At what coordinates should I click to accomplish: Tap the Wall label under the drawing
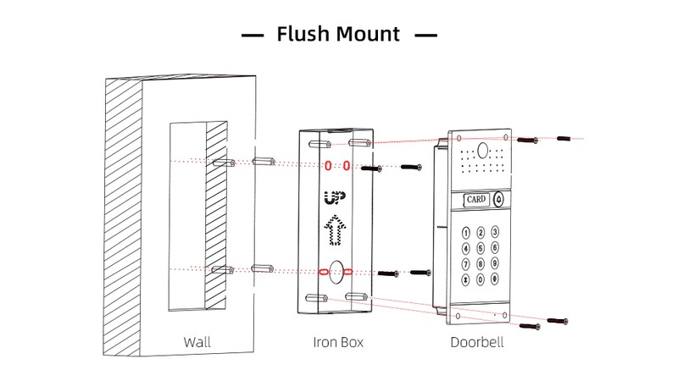197,343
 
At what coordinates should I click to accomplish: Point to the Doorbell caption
477,343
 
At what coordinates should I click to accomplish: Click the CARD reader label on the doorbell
476,200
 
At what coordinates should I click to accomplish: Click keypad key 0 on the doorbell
481,279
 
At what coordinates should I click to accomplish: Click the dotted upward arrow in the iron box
336,229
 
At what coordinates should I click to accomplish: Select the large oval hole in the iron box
336,272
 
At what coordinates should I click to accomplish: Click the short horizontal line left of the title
253,36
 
